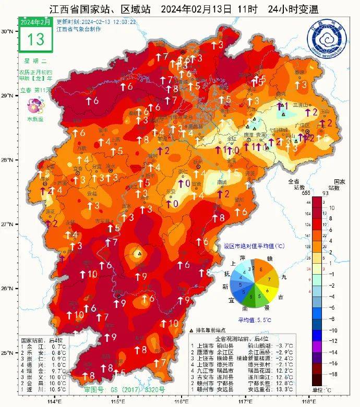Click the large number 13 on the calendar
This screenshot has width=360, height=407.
[x=35, y=39]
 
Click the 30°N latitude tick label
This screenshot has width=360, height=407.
[x=7, y=31]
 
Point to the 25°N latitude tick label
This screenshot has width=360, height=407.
[x=7, y=353]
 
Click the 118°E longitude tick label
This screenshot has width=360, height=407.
[x=309, y=401]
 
